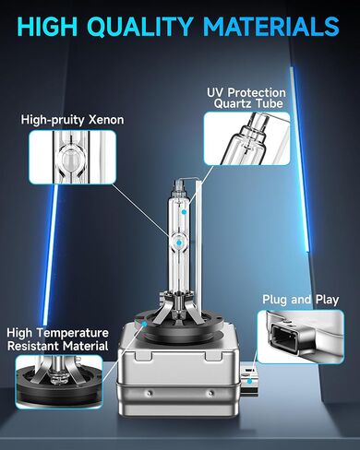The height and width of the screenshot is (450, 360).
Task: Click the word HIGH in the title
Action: pyautogui.click(x=47, y=26)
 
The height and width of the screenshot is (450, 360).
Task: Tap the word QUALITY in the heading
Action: pyautogui.click(x=138, y=27)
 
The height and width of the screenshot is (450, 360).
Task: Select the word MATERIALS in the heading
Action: pyautogui.click(x=270, y=26)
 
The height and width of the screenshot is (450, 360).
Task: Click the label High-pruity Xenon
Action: pyautogui.click(x=72, y=120)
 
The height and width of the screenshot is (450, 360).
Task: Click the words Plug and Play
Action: pyautogui.click(x=300, y=300)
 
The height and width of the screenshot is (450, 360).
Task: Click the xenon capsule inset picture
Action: pyautogui.click(x=72, y=157)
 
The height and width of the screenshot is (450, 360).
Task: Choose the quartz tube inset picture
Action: pyautogui.click(x=246, y=138)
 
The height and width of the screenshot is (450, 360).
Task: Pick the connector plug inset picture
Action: pyautogui.click(x=301, y=337)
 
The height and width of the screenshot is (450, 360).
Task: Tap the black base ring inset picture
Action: pyautogui.click(x=59, y=382)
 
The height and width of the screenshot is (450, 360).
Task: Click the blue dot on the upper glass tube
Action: pyautogui.click(x=184, y=212)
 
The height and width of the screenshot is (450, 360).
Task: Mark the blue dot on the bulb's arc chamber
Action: pyautogui.click(x=178, y=243)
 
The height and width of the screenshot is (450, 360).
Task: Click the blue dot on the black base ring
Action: pyautogui.click(x=145, y=324)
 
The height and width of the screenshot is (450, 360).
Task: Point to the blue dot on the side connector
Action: pyautogui.click(x=249, y=381)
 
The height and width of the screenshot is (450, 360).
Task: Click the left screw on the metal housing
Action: pyautogui.click(x=150, y=393)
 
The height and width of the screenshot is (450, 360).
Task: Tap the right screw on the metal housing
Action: pyautogui.click(x=210, y=393)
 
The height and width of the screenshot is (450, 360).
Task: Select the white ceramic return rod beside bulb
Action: pyautogui.click(x=198, y=252)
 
